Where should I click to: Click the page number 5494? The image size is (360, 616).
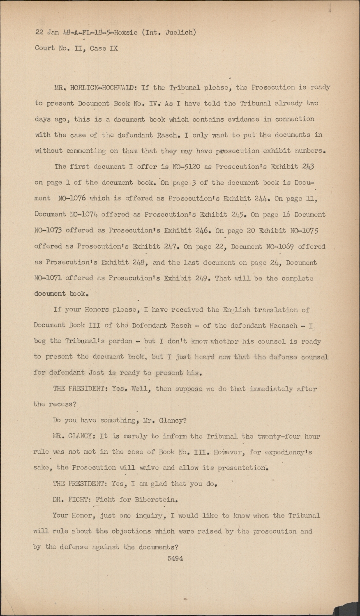click(175, 559)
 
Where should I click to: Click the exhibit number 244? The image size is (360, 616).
click(262, 198)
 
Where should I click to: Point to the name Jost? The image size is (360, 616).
click(97, 373)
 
